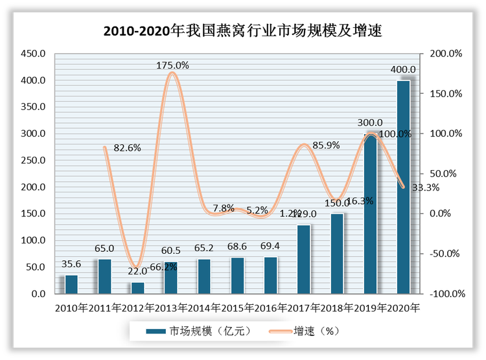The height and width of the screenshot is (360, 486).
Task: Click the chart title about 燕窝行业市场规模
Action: tap(242, 30)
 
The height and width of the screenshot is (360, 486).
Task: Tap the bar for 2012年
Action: tap(138, 287)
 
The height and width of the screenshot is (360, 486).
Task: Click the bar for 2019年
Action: tap(370, 214)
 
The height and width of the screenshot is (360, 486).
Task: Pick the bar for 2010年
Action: tap(71, 284)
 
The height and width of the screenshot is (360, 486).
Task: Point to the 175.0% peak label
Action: tap(172, 65)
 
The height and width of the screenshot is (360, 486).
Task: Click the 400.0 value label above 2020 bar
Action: tap(403, 69)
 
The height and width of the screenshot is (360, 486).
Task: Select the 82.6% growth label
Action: tap(127, 148)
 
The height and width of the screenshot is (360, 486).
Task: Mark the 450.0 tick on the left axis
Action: tap(32, 54)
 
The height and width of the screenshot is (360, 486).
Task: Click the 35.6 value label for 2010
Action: tap(71, 264)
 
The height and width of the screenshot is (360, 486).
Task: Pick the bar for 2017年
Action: tap(303, 259)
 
